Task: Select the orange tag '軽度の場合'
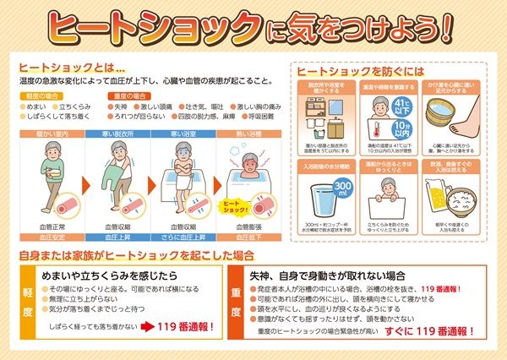pos(39,96)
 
